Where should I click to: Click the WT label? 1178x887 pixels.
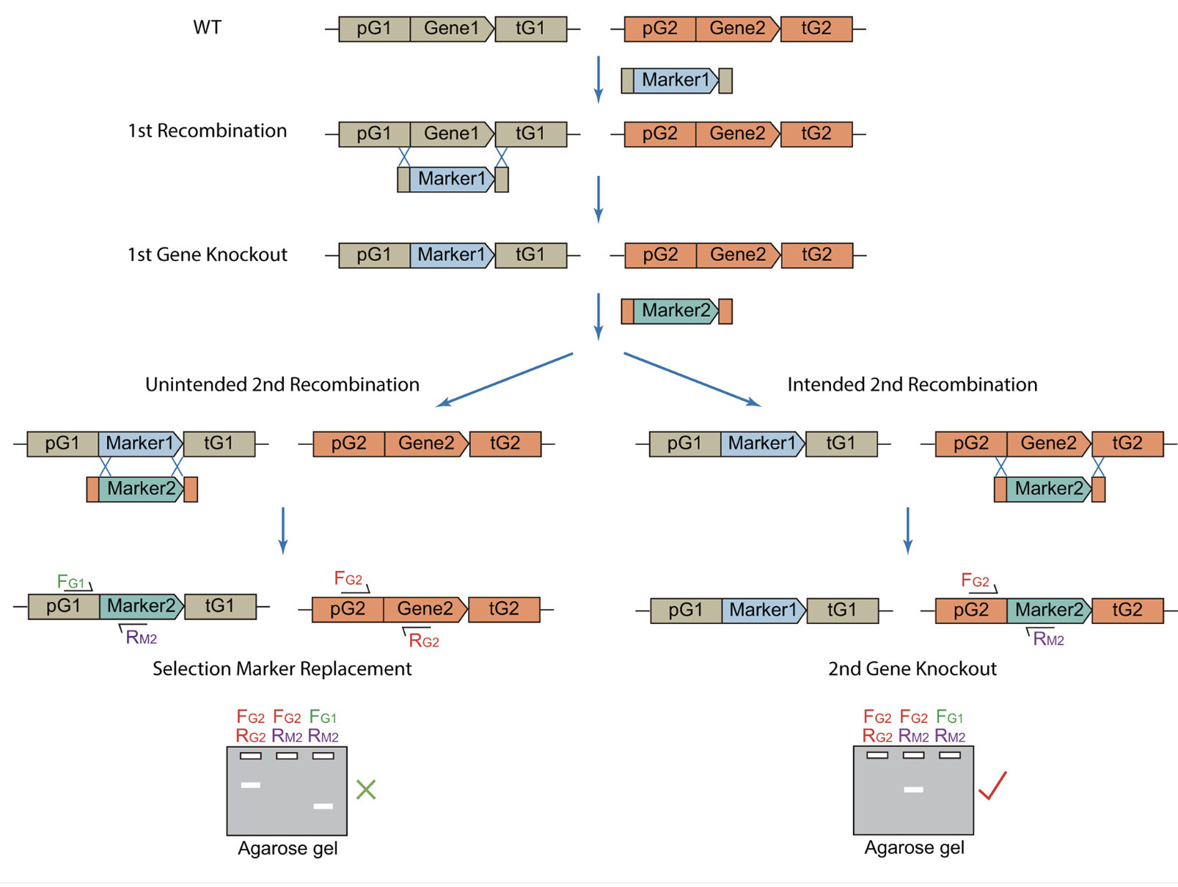(207, 28)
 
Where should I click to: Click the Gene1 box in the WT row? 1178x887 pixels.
(451, 29)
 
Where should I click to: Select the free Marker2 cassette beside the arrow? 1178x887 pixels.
(676, 311)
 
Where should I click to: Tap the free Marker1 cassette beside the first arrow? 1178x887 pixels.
(676, 80)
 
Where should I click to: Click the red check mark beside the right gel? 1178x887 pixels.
(992, 786)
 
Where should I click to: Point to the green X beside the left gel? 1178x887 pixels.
(365, 790)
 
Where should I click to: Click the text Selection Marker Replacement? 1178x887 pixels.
(282, 669)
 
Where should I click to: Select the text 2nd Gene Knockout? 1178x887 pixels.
(912, 669)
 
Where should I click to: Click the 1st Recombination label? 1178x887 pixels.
(207, 131)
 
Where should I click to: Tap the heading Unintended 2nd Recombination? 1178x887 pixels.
(282, 384)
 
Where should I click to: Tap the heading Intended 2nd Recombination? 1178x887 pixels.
(912, 384)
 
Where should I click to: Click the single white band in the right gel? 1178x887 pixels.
(913, 790)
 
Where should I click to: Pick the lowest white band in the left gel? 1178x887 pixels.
(323, 806)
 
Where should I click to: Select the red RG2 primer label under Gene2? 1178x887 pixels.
(424, 641)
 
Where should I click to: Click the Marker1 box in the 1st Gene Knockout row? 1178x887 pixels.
(451, 255)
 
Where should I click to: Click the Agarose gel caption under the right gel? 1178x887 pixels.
(914, 848)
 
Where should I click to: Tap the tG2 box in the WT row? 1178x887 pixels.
(816, 29)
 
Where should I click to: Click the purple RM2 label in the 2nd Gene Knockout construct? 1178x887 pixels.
(1048, 639)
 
